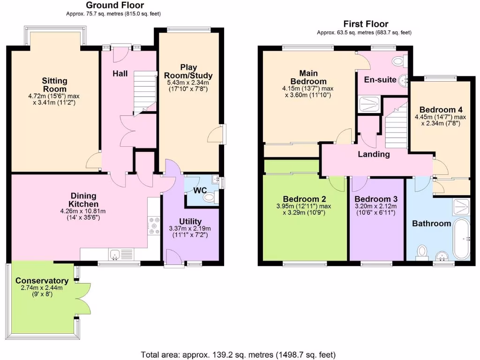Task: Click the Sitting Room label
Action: point(54,85)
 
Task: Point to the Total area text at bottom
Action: point(238,354)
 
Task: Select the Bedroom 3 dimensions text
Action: point(375,209)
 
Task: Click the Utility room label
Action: point(190,221)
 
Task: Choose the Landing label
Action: point(374,154)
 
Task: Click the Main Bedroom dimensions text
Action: point(307,91)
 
